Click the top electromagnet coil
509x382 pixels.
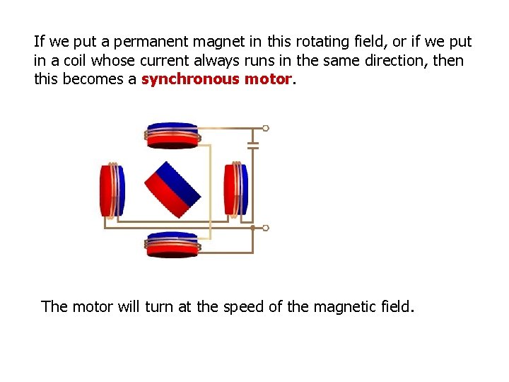click(172, 136)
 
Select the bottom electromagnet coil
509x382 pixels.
click(172, 245)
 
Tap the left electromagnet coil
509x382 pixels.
click(112, 190)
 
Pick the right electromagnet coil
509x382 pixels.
click(235, 190)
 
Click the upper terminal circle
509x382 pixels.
click(265, 129)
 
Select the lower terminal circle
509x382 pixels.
click(265, 228)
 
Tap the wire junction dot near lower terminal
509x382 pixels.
click(253, 228)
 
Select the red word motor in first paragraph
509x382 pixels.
click(267, 79)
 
